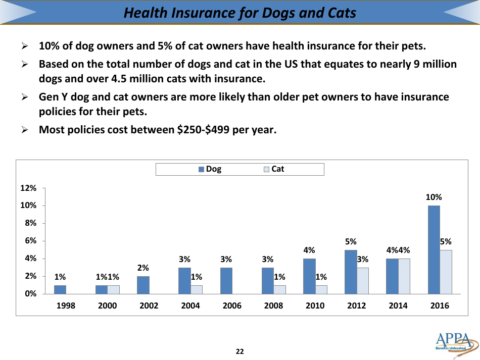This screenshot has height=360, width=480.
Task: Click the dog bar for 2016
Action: coord(434,249)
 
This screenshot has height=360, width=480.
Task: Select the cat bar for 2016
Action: coord(446,272)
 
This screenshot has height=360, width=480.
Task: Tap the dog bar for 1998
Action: coord(60,289)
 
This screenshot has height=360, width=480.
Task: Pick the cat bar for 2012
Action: coord(363,281)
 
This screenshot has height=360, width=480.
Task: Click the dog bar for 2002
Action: coord(143,285)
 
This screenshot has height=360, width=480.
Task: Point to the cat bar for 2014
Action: coord(404,276)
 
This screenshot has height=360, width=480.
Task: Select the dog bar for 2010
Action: coord(309,276)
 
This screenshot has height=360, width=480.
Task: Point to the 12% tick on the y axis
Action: coord(28,188)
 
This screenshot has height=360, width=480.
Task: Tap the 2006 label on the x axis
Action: coord(232,305)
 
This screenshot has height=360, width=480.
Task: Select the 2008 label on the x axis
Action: coord(273,305)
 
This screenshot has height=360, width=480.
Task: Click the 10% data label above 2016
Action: coord(434,197)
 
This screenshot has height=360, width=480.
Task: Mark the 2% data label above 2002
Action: coord(143,268)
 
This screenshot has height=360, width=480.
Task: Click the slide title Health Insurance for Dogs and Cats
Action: coord(239,13)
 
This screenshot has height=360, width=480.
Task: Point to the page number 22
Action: coord(240,351)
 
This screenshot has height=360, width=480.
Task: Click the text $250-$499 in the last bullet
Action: coord(205,130)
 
